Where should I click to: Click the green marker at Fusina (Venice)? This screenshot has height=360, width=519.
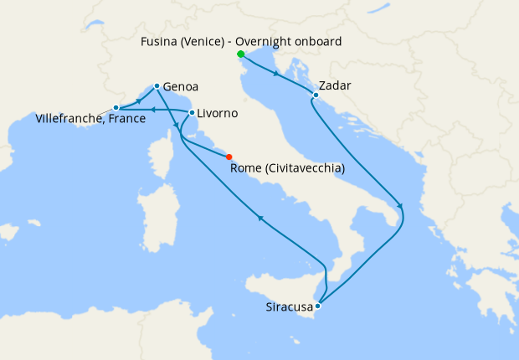pos(241,55)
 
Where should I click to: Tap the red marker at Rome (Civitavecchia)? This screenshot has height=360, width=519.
pos(229,157)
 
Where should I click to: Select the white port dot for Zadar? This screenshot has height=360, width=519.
pos(316,95)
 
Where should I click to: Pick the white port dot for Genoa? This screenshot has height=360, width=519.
pos(157,85)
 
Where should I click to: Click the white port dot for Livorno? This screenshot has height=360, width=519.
pos(193,112)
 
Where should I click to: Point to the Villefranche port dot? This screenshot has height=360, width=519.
pos(116,108)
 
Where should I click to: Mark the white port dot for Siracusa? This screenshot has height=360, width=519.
pos(316,306)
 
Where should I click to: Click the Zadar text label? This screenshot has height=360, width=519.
pos(335,86)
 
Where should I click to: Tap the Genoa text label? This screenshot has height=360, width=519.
pos(181,86)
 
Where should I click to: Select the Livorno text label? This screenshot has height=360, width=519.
pos(218,113)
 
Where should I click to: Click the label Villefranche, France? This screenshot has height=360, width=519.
pos(91,120)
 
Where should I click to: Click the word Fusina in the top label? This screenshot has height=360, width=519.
pos(163,41)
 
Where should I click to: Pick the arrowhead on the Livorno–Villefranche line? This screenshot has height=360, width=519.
pos(156,109)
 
